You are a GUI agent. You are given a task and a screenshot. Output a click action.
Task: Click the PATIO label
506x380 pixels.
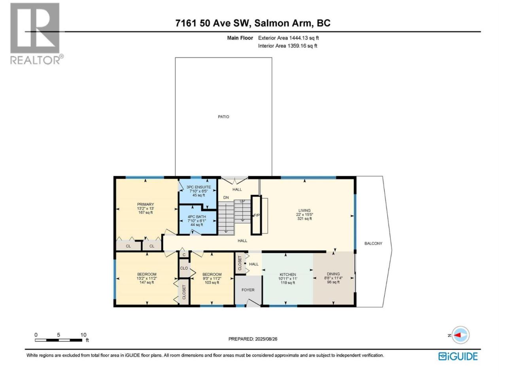[x=223, y=117]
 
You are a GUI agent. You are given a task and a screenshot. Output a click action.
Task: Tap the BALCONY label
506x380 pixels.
[x=373, y=243]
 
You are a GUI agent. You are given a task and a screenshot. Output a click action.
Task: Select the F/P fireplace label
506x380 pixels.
[x=257, y=215]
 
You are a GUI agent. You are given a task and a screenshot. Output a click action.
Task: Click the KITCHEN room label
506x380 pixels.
[x=288, y=274]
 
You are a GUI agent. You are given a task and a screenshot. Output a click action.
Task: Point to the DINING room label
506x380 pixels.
[x=333, y=274]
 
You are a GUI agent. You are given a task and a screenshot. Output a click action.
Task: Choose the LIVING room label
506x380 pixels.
[x=304, y=211]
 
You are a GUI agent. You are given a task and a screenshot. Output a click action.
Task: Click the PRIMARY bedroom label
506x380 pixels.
[x=145, y=204]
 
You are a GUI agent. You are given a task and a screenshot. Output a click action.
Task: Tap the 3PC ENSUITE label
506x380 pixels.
[x=198, y=187]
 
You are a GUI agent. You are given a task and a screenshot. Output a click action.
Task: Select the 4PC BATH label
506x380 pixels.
[x=196, y=217]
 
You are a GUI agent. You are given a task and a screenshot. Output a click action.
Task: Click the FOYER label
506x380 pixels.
[x=248, y=290]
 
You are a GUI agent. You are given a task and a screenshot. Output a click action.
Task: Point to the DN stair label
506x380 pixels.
[x=226, y=198]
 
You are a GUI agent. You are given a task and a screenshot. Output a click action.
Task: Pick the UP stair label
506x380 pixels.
[x=242, y=201]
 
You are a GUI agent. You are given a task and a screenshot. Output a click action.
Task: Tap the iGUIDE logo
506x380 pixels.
[x=458, y=356]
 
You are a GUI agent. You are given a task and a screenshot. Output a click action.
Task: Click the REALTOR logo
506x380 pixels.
[x=36, y=34]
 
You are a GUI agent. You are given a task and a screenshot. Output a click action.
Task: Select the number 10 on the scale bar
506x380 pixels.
[x=83, y=335]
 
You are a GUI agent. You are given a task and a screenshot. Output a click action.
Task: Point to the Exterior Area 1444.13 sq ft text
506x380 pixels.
[x=289, y=38]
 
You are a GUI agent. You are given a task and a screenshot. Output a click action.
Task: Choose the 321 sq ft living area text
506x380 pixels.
[x=304, y=218]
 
